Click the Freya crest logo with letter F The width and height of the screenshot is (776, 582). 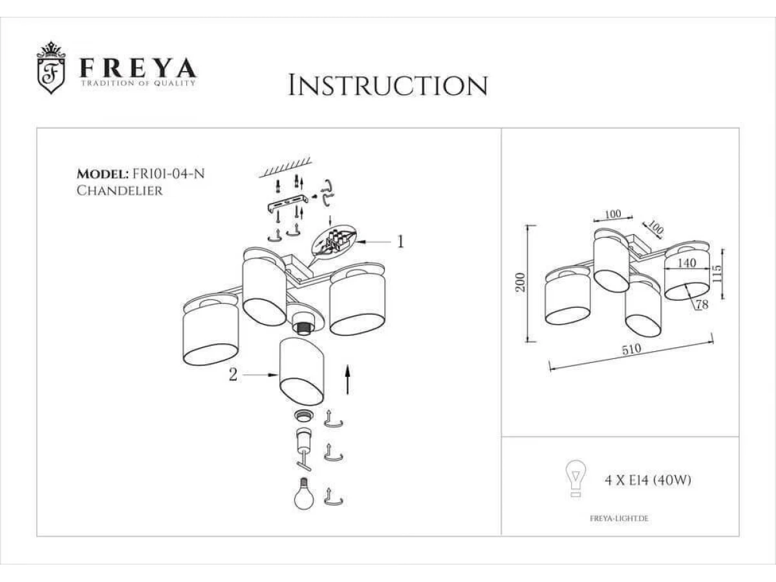click(x=51, y=67)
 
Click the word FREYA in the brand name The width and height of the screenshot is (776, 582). click(x=138, y=68)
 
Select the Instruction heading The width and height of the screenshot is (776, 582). click(x=388, y=85)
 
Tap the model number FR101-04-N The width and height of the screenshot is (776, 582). click(x=168, y=174)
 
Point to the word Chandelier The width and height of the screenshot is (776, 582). click(x=120, y=191)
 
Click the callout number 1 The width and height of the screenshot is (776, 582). click(x=400, y=242)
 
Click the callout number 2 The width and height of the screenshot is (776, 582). click(x=233, y=375)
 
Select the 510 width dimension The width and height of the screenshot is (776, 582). click(x=631, y=349)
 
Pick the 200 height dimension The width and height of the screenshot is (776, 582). click(x=521, y=282)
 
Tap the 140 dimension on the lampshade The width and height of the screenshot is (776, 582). click(x=687, y=263)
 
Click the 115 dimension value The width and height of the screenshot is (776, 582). click(x=717, y=274)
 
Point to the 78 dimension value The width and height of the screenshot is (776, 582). click(x=702, y=304)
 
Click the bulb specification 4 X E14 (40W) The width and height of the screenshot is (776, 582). click(x=648, y=480)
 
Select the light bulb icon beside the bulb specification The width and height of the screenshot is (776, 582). click(x=576, y=479)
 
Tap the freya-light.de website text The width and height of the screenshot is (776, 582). click(x=619, y=519)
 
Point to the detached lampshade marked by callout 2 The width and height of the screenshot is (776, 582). click(x=302, y=371)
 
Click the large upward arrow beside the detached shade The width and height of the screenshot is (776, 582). click(x=348, y=380)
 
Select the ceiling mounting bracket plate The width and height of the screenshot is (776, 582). click(x=287, y=204)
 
